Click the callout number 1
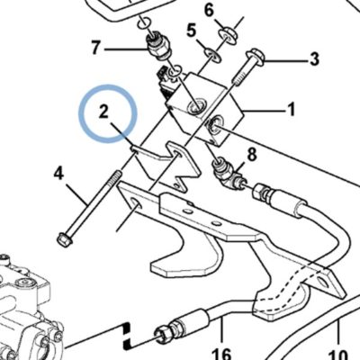290,110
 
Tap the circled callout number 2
103,112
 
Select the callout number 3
314,59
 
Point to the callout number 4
58,174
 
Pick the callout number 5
192,31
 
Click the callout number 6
209,11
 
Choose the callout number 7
95,48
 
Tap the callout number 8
252,155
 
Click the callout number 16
222,354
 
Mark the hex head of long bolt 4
65,239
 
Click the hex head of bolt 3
256,58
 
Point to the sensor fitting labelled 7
158,47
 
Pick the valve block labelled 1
205,109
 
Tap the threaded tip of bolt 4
117,175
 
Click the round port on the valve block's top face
196,107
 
